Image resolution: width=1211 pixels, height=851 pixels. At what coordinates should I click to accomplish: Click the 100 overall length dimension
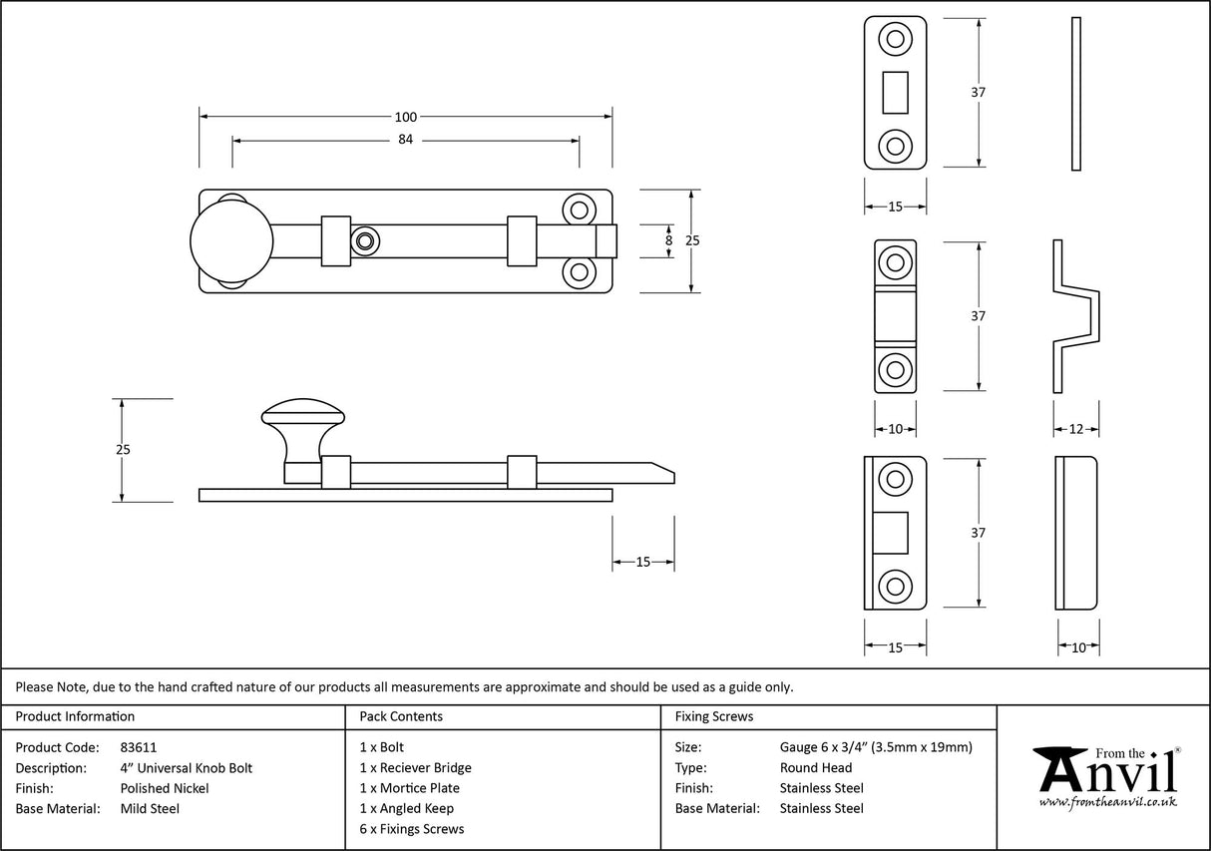[406, 117]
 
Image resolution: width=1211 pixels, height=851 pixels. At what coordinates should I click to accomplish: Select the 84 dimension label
[406, 140]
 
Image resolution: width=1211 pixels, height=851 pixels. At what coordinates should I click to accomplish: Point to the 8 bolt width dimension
[668, 240]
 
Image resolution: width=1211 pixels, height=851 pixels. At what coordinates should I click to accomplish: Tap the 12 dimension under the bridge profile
[1076, 429]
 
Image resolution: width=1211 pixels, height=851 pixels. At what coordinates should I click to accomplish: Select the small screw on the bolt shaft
[364, 240]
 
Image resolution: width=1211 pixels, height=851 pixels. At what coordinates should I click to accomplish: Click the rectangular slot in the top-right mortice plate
[895, 92]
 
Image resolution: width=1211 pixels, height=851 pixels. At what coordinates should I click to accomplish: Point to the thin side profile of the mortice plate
[1075, 93]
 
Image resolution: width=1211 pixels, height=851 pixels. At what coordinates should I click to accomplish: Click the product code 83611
[138, 747]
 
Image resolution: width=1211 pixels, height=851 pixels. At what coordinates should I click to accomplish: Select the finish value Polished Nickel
[164, 788]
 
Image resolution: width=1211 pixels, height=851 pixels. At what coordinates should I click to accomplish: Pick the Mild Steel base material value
[150, 808]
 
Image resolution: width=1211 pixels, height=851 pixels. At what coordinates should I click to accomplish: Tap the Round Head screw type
[815, 767]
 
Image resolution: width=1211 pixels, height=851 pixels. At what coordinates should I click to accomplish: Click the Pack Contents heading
[401, 716]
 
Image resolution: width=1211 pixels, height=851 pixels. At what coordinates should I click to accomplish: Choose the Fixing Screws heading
[714, 716]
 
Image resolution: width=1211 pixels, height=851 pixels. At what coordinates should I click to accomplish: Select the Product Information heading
[75, 716]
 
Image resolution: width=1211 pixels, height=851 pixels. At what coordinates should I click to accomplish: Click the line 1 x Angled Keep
[406, 808]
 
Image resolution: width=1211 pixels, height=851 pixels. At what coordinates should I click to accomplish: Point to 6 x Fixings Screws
[411, 829]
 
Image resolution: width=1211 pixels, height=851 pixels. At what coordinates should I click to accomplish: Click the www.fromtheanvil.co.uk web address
[1107, 802]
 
